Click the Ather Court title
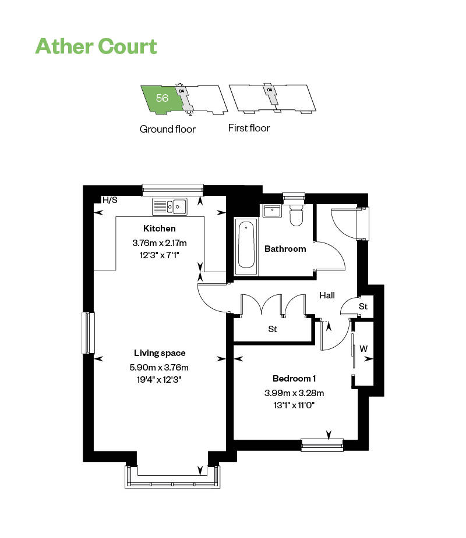(x=96, y=46)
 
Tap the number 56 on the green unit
(x=162, y=98)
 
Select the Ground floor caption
(x=167, y=129)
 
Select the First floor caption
(x=249, y=128)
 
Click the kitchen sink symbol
(x=169, y=206)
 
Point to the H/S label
(x=110, y=200)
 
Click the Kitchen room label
(x=159, y=229)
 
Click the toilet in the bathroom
(x=296, y=215)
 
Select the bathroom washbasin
(x=271, y=211)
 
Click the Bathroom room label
(x=285, y=249)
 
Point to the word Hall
(x=327, y=295)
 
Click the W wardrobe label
(x=363, y=349)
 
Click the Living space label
(x=160, y=353)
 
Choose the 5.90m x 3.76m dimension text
(x=159, y=367)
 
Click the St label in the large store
(x=272, y=329)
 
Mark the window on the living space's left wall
(x=88, y=333)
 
